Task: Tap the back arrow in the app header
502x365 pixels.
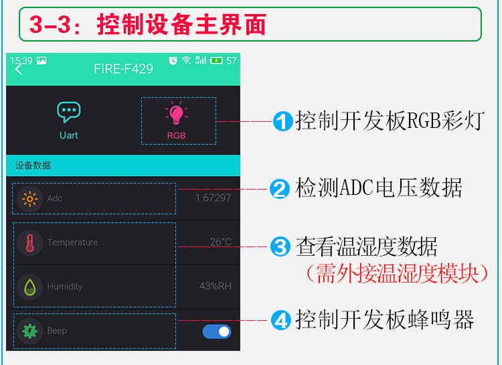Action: point(18,69)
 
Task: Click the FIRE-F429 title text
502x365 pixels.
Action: point(123,69)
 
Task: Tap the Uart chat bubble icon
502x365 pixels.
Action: point(68,112)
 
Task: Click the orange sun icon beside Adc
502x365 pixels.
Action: point(29,198)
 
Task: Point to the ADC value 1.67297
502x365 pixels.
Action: point(213,198)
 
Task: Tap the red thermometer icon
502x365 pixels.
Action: point(29,242)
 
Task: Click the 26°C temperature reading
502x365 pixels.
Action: point(220,242)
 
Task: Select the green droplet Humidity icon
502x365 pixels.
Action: point(29,287)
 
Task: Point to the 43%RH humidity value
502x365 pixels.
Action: point(215,287)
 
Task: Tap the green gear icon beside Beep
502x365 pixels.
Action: point(29,331)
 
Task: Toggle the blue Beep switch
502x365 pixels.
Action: point(217,331)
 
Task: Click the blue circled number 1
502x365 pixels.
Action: point(283,122)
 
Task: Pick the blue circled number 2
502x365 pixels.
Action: point(279,189)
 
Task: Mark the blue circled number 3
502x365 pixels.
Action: point(279,247)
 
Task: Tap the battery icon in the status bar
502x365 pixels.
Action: point(216,60)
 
